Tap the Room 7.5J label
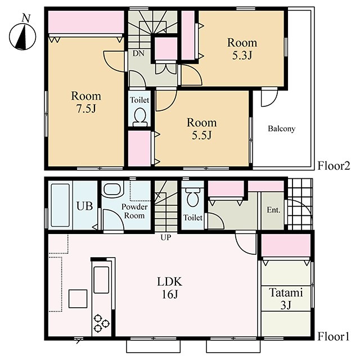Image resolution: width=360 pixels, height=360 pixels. point(86,102)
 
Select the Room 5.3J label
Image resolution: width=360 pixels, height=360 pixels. point(242,49)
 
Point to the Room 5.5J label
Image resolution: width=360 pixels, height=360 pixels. point(201,129)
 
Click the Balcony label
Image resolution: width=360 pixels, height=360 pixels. point(281,129)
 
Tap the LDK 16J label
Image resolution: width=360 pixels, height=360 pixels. point(170,287)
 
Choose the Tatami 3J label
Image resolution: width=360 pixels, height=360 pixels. point(286,299)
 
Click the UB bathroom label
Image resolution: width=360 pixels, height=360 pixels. point(85,206)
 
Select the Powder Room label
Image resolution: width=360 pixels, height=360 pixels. point(134,211)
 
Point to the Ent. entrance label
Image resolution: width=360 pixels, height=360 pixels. point(273,210)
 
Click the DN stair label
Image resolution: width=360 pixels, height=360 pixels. point(138,53)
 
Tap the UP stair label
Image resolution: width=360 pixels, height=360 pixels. point(166,237)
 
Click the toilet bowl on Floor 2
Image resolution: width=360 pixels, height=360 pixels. point(140,117)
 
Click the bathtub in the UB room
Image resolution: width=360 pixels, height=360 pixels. point(60,205)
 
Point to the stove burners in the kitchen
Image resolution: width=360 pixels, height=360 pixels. point(101,323)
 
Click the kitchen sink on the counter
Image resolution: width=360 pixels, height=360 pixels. point(101,280)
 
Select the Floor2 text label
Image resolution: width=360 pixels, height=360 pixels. point(334,166)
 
